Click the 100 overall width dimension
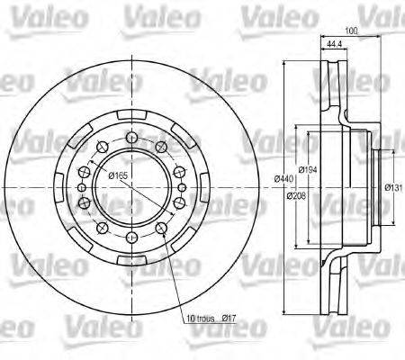(350, 31)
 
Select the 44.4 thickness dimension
(333, 44)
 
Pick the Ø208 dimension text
(309, 192)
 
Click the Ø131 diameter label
(392, 187)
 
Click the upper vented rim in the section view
(333, 81)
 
